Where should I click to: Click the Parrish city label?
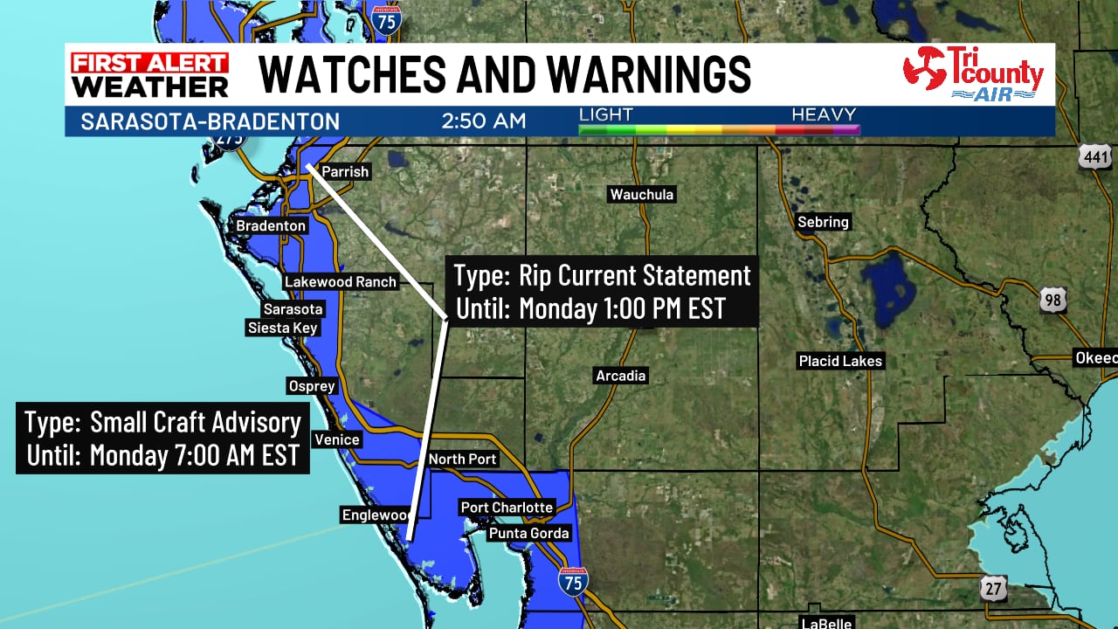click(345, 172)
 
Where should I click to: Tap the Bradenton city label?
click(271, 226)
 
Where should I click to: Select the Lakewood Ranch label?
click(341, 282)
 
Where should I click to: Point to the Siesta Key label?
click(282, 328)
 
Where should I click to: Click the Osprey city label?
click(312, 386)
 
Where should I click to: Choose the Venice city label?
click(337, 439)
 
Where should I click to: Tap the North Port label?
click(462, 460)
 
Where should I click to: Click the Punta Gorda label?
click(528, 533)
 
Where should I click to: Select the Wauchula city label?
click(642, 195)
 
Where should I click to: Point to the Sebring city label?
click(823, 222)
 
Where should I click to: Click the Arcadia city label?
click(621, 376)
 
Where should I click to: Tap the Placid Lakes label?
click(840, 361)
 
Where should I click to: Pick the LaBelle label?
click(826, 623)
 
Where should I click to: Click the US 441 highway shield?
click(1095, 157)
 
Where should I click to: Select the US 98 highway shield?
click(1052, 301)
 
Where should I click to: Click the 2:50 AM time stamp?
click(484, 121)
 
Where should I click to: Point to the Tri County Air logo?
click(973, 74)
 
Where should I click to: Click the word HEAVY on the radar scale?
click(824, 114)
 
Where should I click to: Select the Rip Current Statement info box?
click(602, 292)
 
